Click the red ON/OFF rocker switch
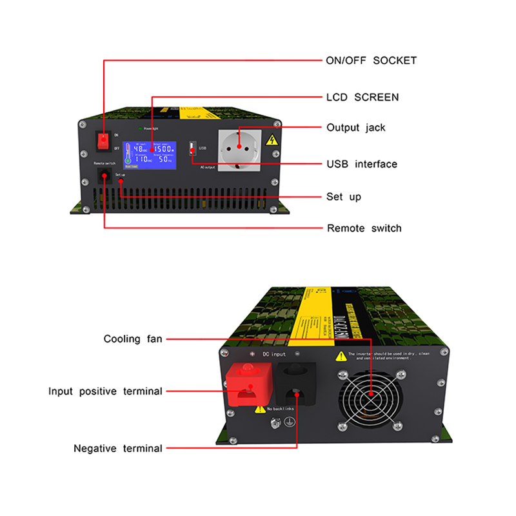click(x=103, y=141)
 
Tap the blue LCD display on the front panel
click(x=150, y=155)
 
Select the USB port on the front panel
click(x=192, y=149)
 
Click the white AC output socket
click(x=240, y=149)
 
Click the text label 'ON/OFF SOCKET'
click(x=371, y=61)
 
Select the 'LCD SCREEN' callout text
click(x=362, y=97)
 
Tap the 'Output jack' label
click(x=355, y=128)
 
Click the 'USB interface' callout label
click(x=362, y=164)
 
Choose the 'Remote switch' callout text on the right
click(x=364, y=228)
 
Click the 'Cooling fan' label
click(x=133, y=339)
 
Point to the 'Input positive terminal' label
click(x=105, y=391)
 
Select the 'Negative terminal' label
click(x=118, y=448)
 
